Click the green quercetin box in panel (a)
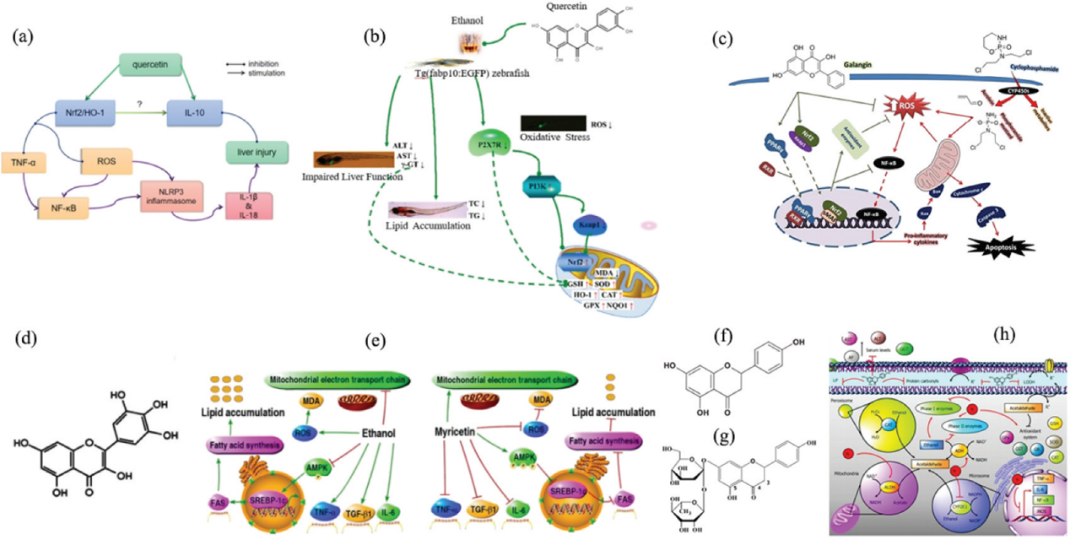(157, 64)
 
